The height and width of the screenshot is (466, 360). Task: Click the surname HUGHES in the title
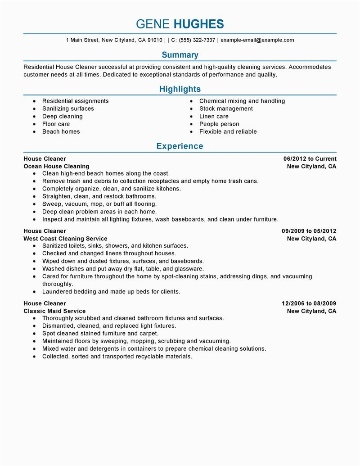[x=198, y=24]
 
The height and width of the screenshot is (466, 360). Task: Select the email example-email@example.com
[x=257, y=40]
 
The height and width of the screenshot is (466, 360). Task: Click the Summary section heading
[x=180, y=55]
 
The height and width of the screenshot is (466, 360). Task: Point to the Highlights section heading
[x=180, y=89]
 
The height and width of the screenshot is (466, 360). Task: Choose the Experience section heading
[x=180, y=146]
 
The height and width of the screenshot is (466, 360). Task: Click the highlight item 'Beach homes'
[x=61, y=131]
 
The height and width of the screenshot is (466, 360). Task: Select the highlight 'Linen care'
[x=214, y=116]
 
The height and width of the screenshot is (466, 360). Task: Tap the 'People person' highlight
[x=219, y=124]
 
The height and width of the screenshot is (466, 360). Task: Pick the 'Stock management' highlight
[x=226, y=109]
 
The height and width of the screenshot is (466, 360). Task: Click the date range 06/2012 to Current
[x=310, y=158]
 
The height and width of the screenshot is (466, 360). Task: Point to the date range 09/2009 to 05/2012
[x=309, y=231]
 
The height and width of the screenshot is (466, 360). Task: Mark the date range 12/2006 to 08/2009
[x=309, y=303]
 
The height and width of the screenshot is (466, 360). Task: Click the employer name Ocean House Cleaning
[x=56, y=166]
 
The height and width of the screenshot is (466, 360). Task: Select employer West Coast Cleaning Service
[x=65, y=239]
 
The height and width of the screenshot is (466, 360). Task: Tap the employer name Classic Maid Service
[x=54, y=311]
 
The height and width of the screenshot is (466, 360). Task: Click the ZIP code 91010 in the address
[x=155, y=40]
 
